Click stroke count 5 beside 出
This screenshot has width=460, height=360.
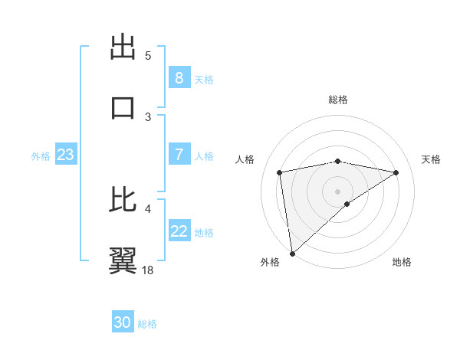[x=148, y=55]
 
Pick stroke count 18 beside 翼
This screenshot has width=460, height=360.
[x=149, y=270]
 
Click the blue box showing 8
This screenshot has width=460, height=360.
[x=179, y=78]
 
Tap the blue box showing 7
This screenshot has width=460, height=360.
[x=179, y=155]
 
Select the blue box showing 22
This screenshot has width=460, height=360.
[x=179, y=231]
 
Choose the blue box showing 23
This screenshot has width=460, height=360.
[x=65, y=155]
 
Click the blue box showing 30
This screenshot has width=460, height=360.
[x=123, y=322]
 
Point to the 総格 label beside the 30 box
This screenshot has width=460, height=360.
[x=147, y=324]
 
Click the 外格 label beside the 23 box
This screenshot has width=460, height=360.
[x=41, y=156]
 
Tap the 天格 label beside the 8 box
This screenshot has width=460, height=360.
[x=203, y=80]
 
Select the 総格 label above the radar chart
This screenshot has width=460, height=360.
[x=337, y=100]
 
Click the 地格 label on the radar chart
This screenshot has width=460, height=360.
[x=402, y=262]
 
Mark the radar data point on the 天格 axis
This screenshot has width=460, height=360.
[x=396, y=172]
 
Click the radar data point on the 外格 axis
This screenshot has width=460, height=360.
[x=292, y=253]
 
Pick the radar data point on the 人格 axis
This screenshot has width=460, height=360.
[x=280, y=172]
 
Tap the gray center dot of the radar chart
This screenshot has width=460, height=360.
[x=337, y=191]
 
